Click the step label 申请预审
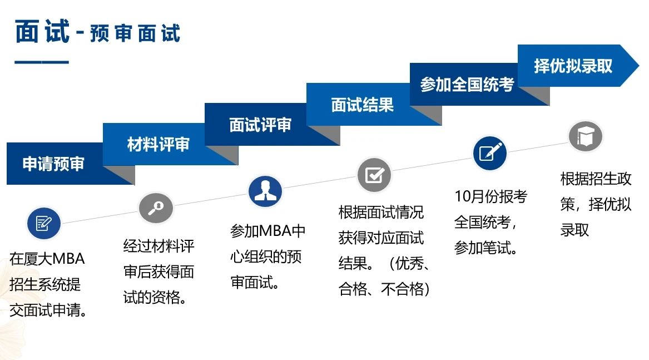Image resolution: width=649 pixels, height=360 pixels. coord(53,164)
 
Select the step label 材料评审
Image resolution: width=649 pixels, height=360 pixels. coord(158,144)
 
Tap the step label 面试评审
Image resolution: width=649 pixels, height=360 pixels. coord(260,125)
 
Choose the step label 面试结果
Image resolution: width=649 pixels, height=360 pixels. coord(362,105)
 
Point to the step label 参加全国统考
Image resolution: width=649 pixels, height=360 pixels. coord(467,85)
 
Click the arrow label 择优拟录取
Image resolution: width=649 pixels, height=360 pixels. coord(573,66)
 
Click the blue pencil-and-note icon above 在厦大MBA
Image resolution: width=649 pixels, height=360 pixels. coord(44,223)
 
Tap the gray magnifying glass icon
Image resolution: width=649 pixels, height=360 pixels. coord(156,208)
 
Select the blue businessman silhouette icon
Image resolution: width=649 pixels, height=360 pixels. coord(265,191)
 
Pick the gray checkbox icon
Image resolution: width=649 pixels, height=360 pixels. coord(375,175)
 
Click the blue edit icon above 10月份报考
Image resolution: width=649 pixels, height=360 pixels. coord(490,153)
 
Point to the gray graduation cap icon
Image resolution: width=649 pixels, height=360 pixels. coord(585,136)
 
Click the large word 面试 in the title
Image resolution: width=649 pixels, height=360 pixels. coord(43,32)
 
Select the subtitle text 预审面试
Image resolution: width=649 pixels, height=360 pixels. coord(135,33)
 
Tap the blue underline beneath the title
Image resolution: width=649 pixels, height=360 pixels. coord(41,62)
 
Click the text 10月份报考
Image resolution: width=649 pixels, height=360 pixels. coord(491,196)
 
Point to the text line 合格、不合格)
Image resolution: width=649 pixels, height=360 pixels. coord(384,289)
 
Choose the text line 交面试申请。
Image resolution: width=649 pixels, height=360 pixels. coord(49,310)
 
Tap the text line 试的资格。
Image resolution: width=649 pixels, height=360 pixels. coord(155,297)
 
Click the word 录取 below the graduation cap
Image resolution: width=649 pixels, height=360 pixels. coord(574,230)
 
